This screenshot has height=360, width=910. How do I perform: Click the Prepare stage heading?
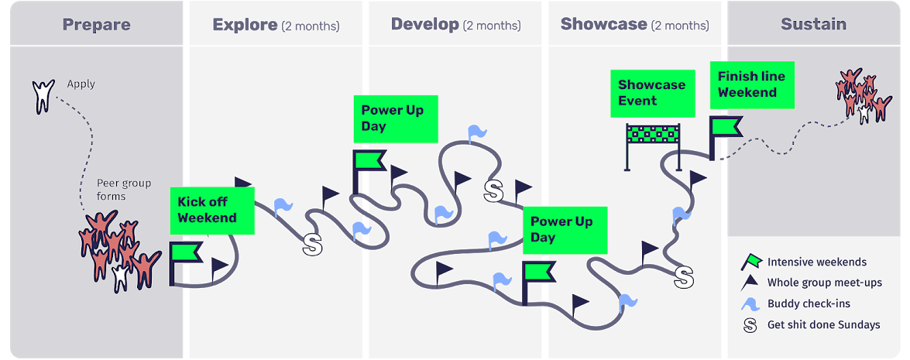(96, 24)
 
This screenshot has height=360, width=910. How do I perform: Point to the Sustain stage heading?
(813, 24)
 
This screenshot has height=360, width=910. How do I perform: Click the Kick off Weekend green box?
(212, 210)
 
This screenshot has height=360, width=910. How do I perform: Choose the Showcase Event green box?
(651, 93)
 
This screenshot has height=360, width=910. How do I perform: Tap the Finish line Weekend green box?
(751, 84)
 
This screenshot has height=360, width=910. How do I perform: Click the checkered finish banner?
(654, 135)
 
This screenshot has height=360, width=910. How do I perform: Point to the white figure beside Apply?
(43, 94)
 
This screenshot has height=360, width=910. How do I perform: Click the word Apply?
(81, 84)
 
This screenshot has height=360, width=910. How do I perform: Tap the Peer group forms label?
(124, 190)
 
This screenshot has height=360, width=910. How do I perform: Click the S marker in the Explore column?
(311, 245)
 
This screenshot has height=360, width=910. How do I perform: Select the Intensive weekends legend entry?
(816, 262)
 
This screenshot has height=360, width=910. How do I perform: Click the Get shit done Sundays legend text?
(823, 325)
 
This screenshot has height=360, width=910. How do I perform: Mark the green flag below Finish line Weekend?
(725, 127)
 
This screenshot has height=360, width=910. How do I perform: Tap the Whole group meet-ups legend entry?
(824, 283)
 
